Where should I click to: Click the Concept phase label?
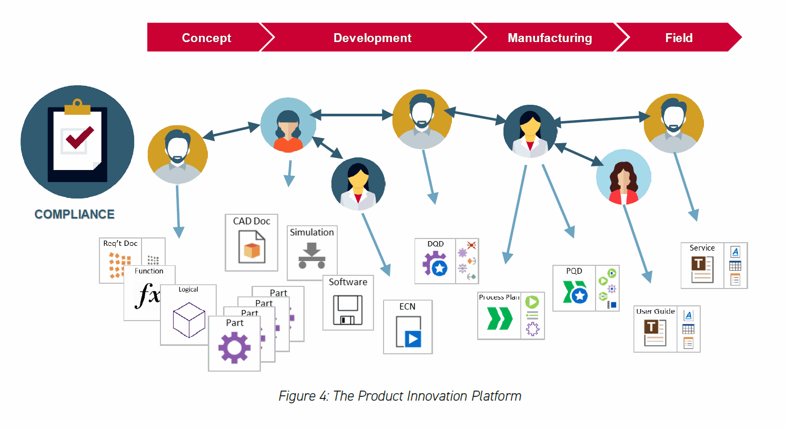[x=206, y=38]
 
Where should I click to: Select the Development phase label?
[x=372, y=38]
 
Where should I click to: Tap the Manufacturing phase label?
[x=550, y=38]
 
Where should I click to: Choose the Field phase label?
[x=679, y=38]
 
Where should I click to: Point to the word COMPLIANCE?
[x=75, y=214]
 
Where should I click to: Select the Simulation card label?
[x=312, y=232]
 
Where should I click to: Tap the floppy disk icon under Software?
[x=348, y=310]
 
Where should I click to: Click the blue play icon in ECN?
[x=412, y=339]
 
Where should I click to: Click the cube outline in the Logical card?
[x=188, y=319]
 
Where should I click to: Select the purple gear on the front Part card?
[x=235, y=347]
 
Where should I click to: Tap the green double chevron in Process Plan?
[x=499, y=318]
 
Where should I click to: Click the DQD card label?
[x=436, y=244]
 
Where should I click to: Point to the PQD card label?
[x=574, y=271]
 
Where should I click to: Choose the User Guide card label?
[x=656, y=311]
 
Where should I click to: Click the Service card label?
[x=702, y=247]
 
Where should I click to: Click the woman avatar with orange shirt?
[x=288, y=125]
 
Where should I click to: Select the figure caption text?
[x=400, y=396]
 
